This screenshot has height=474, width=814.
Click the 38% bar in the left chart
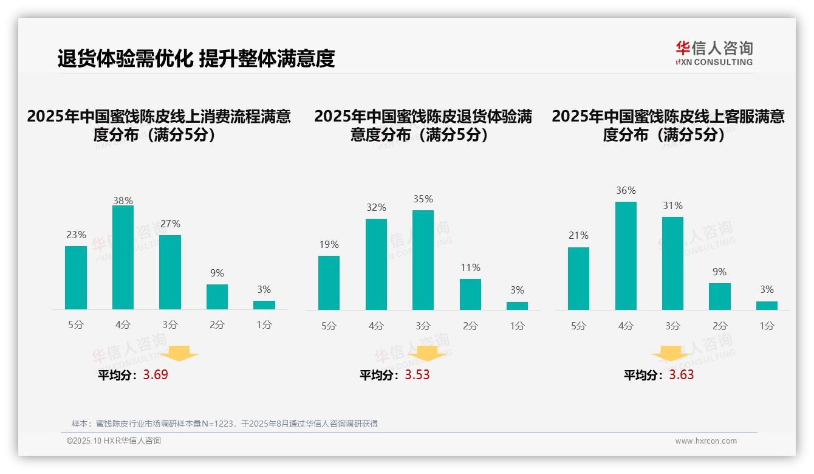click(123, 258)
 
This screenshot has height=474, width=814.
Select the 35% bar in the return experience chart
click(423, 260)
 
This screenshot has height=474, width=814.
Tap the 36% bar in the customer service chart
click(626, 256)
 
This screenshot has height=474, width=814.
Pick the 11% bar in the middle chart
click(470, 294)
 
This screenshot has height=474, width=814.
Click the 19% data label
click(329, 244)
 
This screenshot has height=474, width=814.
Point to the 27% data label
click(170, 224)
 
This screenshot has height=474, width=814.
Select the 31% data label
click(672, 205)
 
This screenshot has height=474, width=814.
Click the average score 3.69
click(156, 374)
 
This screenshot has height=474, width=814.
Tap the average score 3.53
click(417, 374)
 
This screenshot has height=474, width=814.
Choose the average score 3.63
click(682, 374)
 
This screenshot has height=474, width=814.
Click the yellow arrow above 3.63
click(671, 354)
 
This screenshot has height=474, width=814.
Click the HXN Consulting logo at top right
click(714, 53)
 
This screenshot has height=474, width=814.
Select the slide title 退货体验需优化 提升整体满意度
click(196, 58)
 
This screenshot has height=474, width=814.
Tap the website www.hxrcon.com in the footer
click(705, 441)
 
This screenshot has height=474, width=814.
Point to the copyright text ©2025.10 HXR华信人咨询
click(114, 441)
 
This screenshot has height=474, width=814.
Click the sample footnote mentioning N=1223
click(225, 424)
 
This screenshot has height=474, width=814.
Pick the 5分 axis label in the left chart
click(76, 325)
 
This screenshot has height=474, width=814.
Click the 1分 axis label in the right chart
click(767, 326)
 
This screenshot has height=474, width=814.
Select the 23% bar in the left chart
click(76, 278)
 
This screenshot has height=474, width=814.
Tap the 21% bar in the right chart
click(578, 278)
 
